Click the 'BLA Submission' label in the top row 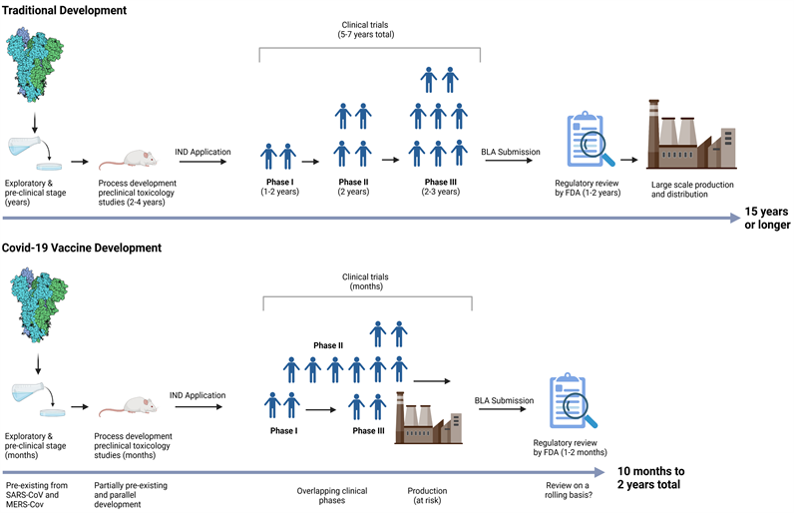[x=510, y=152]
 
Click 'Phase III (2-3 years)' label [x=438, y=188]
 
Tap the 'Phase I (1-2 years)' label [x=278, y=188]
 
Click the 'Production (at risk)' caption [x=427, y=496]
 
